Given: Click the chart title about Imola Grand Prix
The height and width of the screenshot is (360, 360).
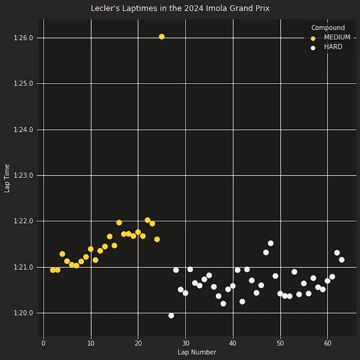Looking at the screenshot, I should point(180,8).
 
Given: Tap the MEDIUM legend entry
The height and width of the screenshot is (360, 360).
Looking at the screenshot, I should point(337,37).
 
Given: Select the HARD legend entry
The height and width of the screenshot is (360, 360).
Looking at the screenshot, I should point(333,47).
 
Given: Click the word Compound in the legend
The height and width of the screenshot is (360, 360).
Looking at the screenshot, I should point(328,28).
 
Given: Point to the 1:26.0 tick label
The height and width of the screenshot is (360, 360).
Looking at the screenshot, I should point(23,38).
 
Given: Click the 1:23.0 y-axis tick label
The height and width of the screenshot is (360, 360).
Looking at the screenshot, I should point(23,176).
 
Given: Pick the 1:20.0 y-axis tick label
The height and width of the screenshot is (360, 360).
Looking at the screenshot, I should point(23,313).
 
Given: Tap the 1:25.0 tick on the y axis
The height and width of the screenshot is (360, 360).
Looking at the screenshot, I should point(23,84).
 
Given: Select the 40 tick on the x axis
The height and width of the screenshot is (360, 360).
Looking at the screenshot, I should point(233,343).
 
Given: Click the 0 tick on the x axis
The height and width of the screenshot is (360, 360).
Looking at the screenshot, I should point(43,343).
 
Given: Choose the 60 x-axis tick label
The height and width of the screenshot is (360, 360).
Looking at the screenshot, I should point(327,343).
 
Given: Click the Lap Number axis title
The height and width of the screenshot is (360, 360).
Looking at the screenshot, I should point(197,352).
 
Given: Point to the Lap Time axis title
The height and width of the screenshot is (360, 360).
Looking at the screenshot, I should point(7,178).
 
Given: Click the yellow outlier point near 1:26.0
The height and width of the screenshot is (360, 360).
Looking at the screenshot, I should point(162,36).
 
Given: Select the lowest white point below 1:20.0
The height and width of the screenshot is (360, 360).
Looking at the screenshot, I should point(171,316).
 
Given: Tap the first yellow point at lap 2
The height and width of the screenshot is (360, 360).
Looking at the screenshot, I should point(53,270).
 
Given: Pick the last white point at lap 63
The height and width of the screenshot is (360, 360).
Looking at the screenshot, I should point(342,260).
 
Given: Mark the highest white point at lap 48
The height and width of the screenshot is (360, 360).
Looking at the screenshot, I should point(271,243).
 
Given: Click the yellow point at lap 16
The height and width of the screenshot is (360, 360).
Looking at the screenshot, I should point(119,222).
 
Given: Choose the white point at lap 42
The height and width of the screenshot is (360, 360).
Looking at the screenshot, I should point(242,302).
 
